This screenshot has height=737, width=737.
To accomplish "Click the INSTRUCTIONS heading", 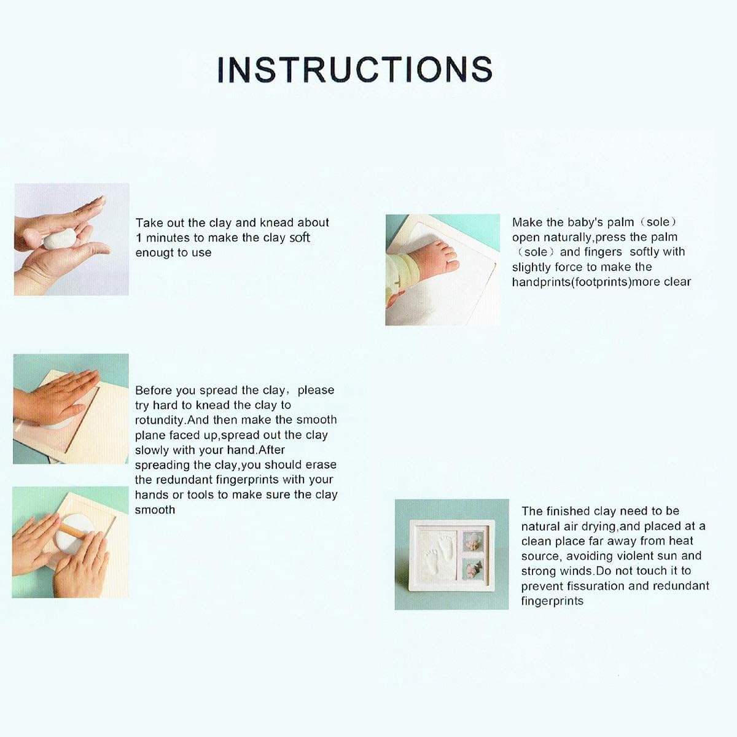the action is click(x=355, y=69).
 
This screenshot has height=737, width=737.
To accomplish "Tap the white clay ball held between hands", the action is click(x=60, y=238).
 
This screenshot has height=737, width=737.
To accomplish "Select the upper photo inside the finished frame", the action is click(x=473, y=541).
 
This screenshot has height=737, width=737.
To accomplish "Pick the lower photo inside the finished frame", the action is click(x=473, y=569).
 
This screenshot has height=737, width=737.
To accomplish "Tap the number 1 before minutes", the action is click(x=139, y=238).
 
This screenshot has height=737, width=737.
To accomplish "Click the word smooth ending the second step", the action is click(x=155, y=510).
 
